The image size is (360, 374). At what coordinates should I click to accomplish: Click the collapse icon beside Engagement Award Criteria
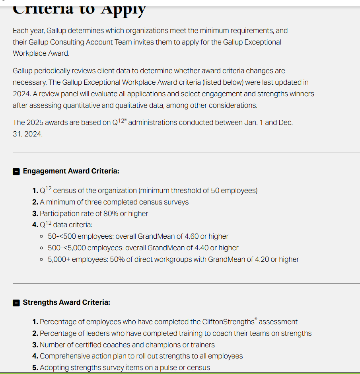(x=16, y=171)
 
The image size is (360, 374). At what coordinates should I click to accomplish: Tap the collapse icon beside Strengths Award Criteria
(x=16, y=303)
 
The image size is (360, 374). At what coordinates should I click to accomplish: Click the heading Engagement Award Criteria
(x=71, y=171)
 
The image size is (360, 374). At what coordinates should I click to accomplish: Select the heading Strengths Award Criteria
(x=66, y=302)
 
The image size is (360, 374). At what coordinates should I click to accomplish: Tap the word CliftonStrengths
(x=228, y=322)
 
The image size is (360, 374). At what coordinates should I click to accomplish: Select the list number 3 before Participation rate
(x=35, y=214)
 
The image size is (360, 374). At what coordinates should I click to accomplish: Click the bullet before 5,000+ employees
(x=42, y=259)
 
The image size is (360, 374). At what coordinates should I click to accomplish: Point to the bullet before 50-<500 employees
(x=42, y=236)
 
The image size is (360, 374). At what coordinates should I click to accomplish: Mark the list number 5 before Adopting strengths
(x=35, y=368)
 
